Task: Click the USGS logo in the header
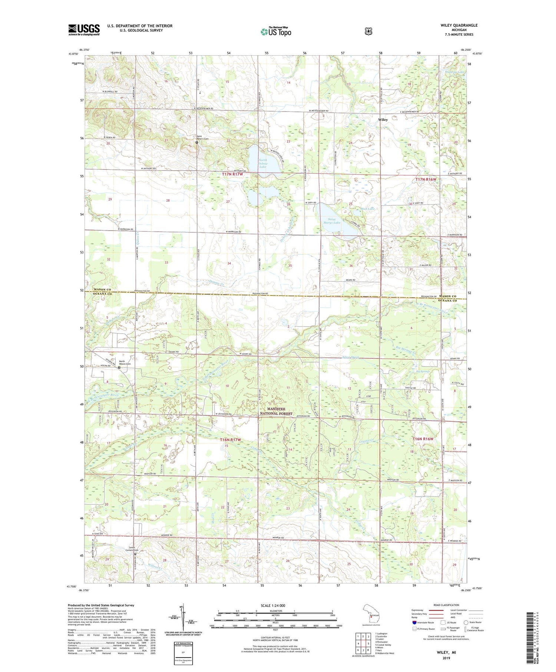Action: pos(84,30)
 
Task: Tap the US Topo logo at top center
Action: pos(276,32)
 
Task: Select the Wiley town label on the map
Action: pos(383,120)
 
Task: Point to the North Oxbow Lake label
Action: pos(262,163)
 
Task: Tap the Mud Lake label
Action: pos(367,209)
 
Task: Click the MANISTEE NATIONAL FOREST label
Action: pos(276,411)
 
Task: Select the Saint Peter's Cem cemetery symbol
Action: pos(197,142)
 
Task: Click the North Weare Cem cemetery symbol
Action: pos(119,368)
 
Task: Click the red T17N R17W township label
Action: pos(232,174)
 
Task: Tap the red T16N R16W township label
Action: pos(423,439)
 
